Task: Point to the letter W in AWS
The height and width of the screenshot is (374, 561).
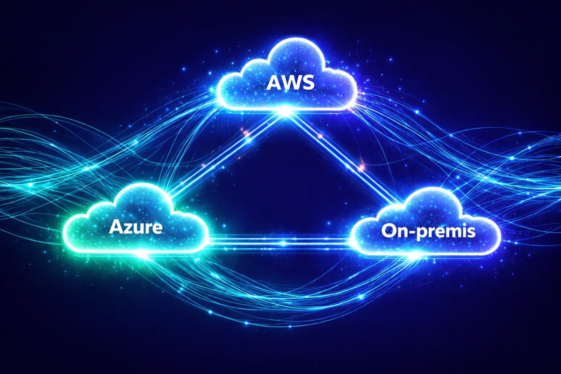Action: point(287,84)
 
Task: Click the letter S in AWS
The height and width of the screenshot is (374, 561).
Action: point(304,84)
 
